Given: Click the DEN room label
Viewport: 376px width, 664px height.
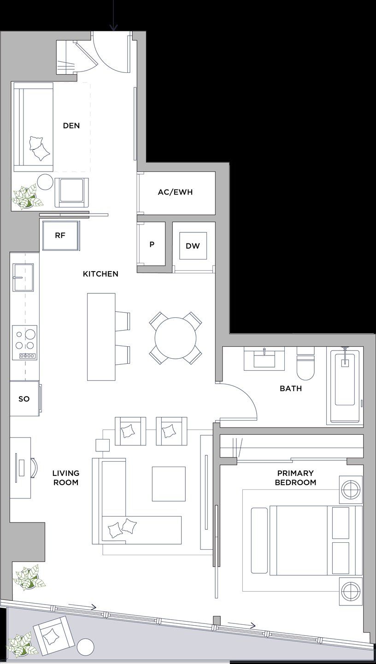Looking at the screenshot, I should (71, 125).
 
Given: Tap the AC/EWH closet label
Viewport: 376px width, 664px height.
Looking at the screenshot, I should (175, 192).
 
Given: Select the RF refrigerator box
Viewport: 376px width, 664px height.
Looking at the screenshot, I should (60, 235).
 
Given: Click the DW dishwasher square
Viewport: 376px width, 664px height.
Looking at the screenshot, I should (193, 246).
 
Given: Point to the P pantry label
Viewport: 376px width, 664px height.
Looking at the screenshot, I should (152, 245).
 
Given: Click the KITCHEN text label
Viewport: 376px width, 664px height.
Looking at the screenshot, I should (100, 274).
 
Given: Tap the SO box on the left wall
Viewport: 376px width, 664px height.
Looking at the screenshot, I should (24, 399).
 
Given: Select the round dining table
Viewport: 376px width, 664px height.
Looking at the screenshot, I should (175, 338).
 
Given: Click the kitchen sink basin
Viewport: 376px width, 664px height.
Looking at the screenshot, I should (23, 278).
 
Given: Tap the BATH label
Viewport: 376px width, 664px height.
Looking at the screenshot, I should (291, 389).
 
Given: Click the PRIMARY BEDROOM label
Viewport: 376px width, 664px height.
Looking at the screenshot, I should (295, 478).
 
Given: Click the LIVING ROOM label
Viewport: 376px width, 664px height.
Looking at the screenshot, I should (65, 478).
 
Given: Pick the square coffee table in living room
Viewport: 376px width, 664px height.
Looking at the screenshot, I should (169, 484).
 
